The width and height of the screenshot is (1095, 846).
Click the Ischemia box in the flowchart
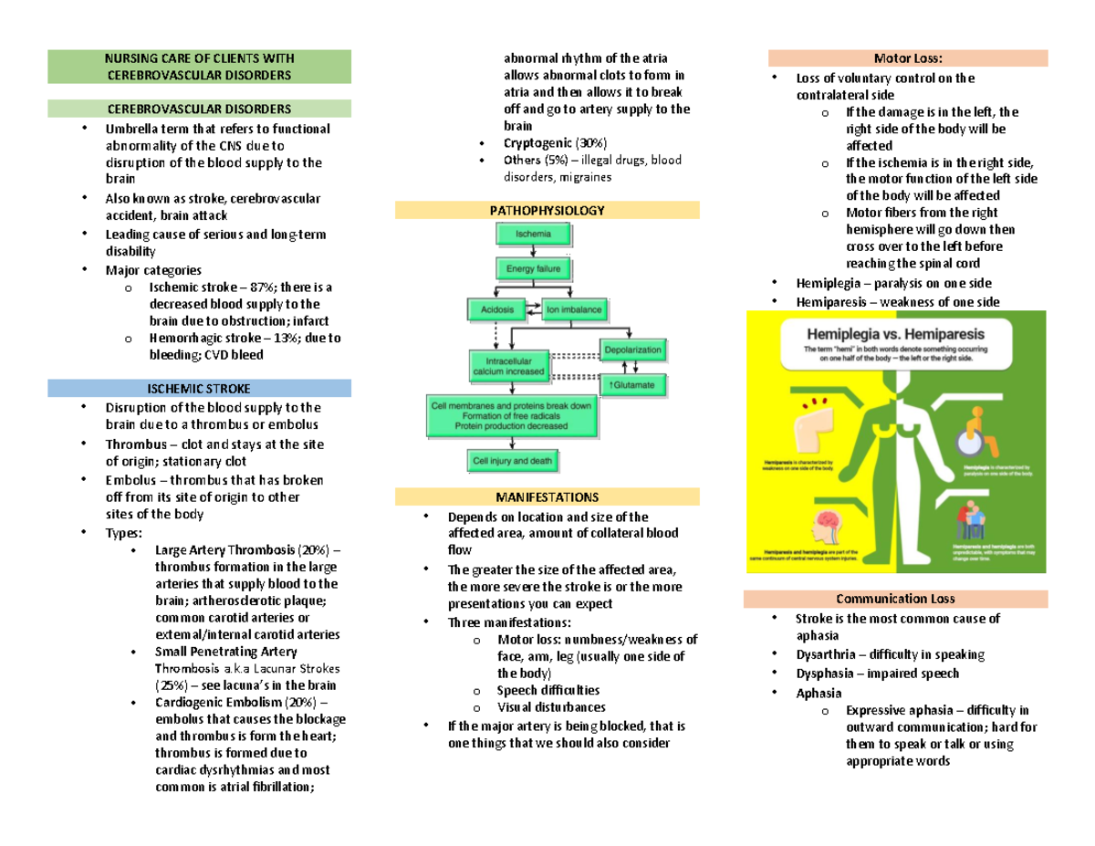pos(533,235)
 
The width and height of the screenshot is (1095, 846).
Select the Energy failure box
pos(533,269)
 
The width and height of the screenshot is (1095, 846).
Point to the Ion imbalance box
pos(575,309)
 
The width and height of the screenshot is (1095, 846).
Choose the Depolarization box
pos(631,348)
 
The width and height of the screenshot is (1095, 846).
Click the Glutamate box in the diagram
pos(631,386)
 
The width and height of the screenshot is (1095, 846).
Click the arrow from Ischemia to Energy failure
pos(533,252)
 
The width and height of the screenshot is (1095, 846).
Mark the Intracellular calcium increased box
pos(509,365)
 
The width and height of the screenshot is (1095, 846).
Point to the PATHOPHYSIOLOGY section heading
pos(547,211)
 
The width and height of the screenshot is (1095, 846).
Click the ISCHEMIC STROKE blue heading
pos(199,389)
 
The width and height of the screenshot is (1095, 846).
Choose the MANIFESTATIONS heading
pos(547,497)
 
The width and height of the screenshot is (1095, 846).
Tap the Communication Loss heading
pos(895,599)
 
